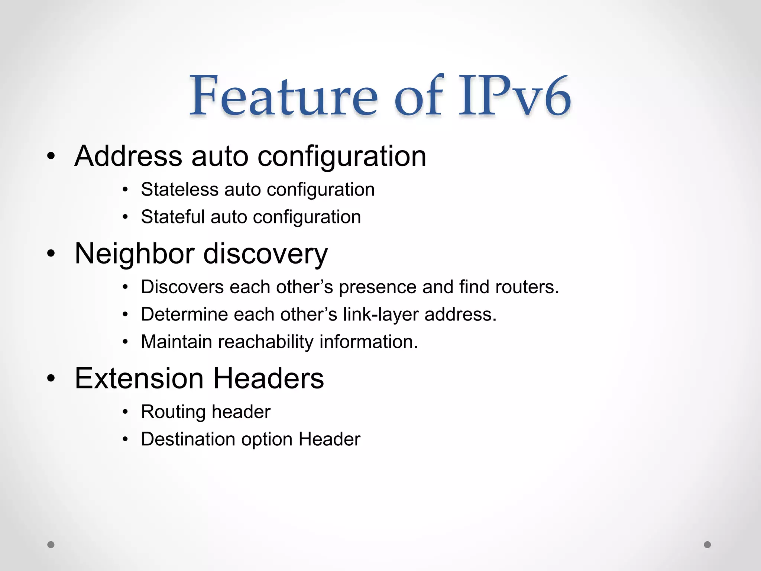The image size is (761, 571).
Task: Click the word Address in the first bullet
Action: (x=129, y=156)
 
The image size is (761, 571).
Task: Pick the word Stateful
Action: (x=173, y=217)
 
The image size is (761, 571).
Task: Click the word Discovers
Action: (x=182, y=287)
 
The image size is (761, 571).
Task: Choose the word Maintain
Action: (x=177, y=342)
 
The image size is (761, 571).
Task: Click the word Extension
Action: (x=139, y=378)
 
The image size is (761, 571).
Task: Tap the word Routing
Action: (x=173, y=412)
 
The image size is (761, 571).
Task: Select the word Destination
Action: (x=188, y=439)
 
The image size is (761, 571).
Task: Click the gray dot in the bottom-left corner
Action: (x=51, y=545)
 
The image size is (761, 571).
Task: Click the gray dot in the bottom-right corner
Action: (x=707, y=545)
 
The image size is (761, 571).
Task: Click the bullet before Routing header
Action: (x=126, y=412)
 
